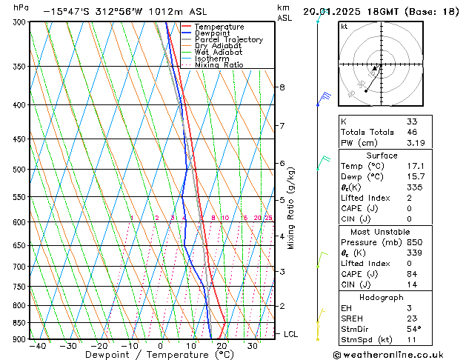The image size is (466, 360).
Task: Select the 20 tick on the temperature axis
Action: pyautogui.click(x=222, y=346)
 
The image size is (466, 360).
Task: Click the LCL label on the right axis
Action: pyautogui.click(x=290, y=334)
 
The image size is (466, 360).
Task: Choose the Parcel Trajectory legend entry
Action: pyautogui.click(x=228, y=40)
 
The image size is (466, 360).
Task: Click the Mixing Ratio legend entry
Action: pyautogui.click(x=219, y=65)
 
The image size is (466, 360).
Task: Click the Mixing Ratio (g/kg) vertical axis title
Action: pyautogui.click(x=291, y=208)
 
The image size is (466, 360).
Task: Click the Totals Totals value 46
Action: pyautogui.click(x=412, y=132)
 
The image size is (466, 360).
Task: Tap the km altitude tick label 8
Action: pyautogui.click(x=282, y=87)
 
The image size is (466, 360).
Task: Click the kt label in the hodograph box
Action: pyautogui.click(x=344, y=27)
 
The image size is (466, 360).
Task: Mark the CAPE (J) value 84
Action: pyautogui.click(x=412, y=274)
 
